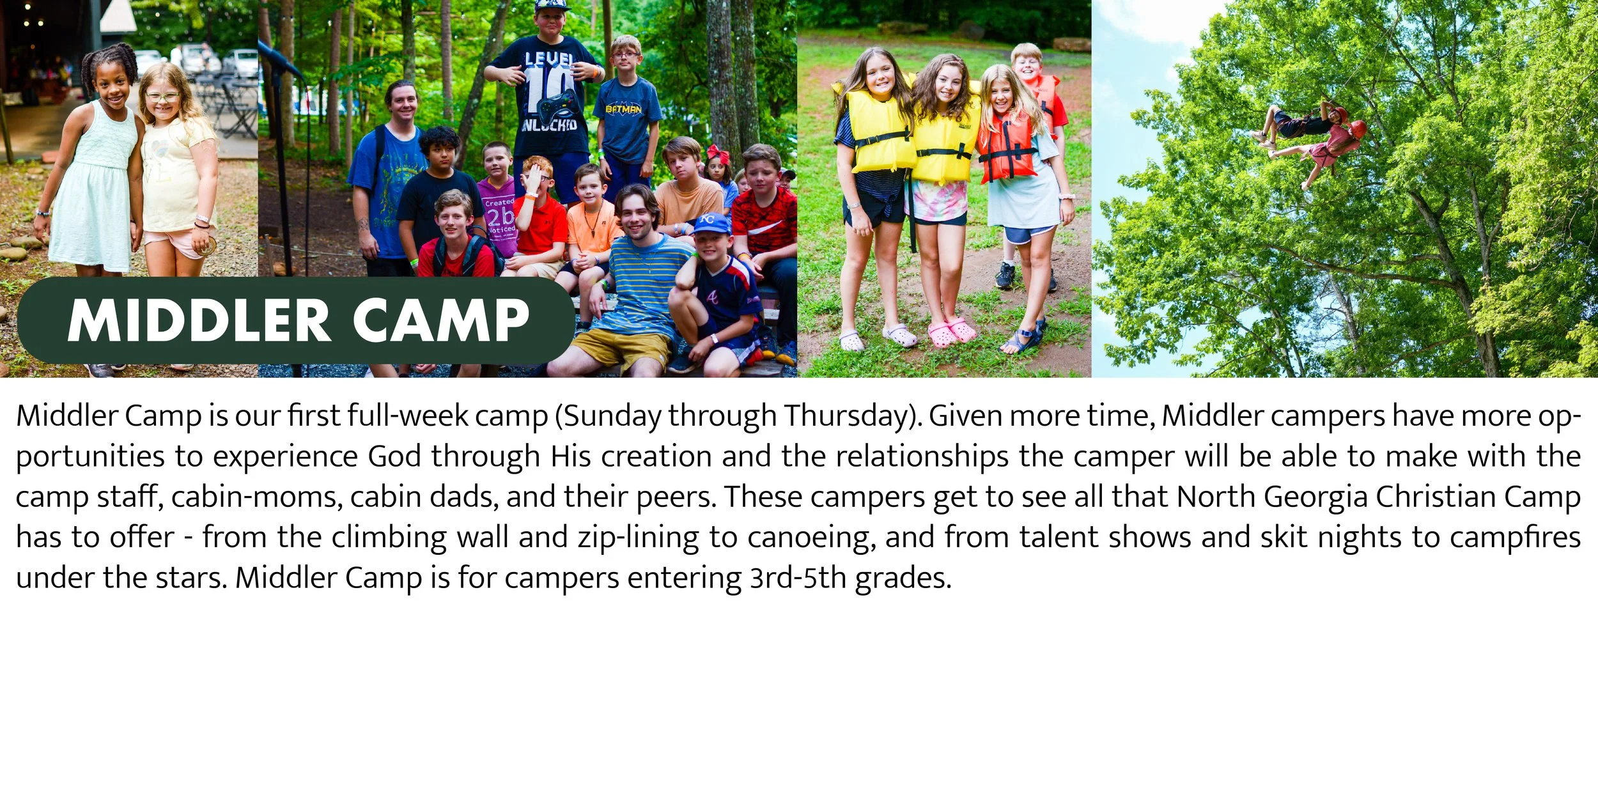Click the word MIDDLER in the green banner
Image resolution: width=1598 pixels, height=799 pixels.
click(x=199, y=321)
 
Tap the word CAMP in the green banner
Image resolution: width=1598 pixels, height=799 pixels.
click(x=441, y=321)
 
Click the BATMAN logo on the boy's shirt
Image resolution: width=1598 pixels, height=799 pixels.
click(x=623, y=109)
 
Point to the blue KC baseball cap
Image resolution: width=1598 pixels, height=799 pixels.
click(x=711, y=223)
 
